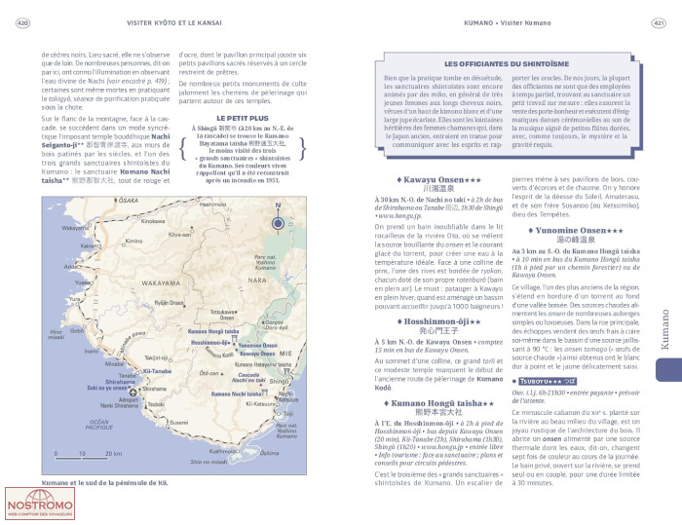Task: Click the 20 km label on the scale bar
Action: pos(112,454)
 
